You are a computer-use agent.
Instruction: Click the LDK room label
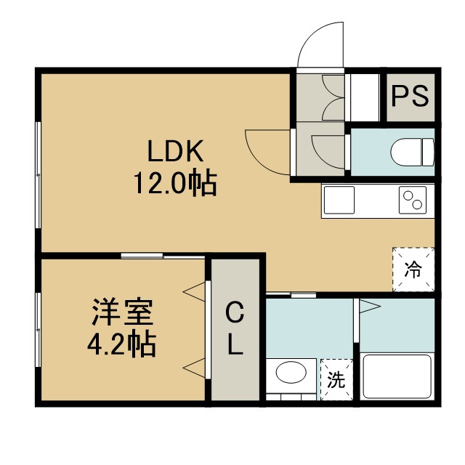(176, 151)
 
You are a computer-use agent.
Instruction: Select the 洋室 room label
(123, 312)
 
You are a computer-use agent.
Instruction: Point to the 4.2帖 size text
(121, 343)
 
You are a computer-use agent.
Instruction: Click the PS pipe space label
(410, 96)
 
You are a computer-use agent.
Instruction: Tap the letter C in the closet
(235, 312)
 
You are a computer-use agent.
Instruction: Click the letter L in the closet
(235, 344)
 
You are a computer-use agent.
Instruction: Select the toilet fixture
(412, 152)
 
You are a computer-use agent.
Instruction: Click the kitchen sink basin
(339, 200)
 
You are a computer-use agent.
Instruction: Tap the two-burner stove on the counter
(413, 200)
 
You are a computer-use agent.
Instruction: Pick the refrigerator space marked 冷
(413, 270)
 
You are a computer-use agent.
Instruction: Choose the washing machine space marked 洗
(336, 379)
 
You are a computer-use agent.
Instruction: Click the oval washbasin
(291, 372)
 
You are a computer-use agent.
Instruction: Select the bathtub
(397, 376)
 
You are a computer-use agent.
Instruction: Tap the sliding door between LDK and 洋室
(163, 256)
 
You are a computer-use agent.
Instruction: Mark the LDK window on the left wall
(38, 175)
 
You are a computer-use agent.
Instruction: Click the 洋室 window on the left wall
(38, 330)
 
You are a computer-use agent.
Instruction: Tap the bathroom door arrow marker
(370, 307)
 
